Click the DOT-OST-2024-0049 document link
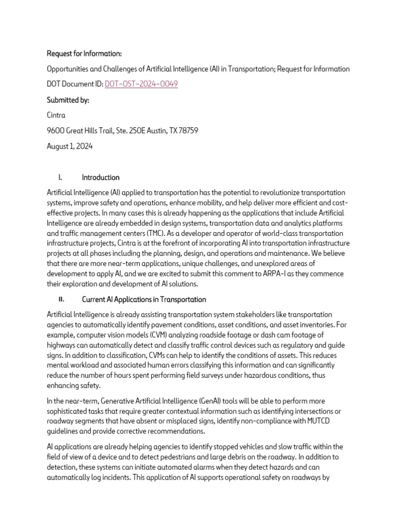[x=141, y=84]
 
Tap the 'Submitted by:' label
[x=68, y=100]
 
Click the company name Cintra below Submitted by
[x=56, y=115]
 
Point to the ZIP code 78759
[x=188, y=130]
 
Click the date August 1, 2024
[x=70, y=146]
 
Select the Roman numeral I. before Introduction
[x=61, y=177]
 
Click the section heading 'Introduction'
[x=101, y=177]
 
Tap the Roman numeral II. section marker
[x=61, y=300]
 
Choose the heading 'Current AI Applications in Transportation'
[x=144, y=300]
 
